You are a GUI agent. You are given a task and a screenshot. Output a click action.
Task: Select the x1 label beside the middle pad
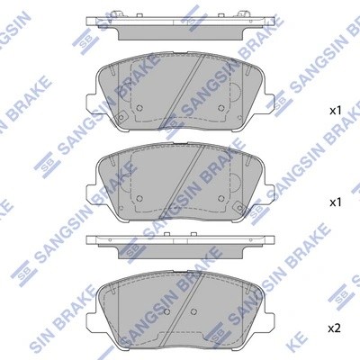point(334,203)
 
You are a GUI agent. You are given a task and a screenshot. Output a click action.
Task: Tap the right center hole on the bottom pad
point(195,312)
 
